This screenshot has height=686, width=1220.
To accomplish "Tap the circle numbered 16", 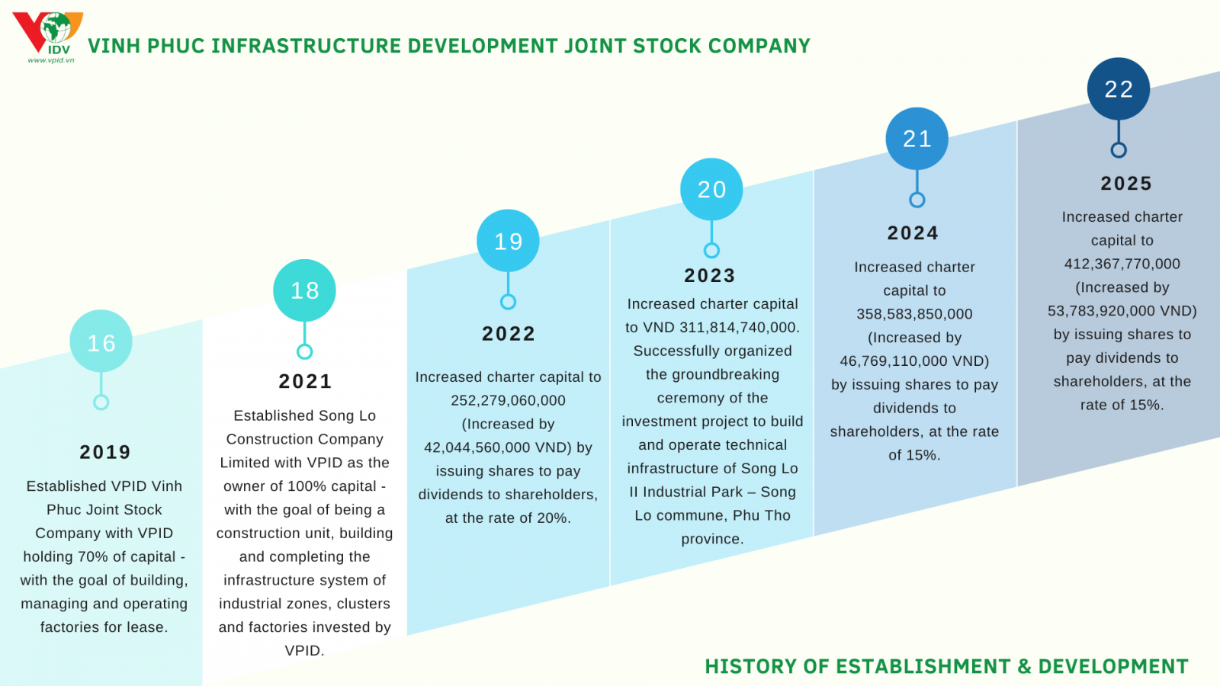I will pyautogui.click(x=101, y=341).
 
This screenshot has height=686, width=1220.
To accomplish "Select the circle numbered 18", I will pyautogui.click(x=304, y=290).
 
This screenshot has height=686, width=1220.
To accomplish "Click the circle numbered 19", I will pyautogui.click(x=508, y=241).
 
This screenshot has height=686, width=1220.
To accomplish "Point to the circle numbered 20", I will pyautogui.click(x=711, y=190).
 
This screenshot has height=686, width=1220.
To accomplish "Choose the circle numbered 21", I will pyautogui.click(x=917, y=139).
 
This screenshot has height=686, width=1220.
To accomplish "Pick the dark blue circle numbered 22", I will pyautogui.click(x=1119, y=89).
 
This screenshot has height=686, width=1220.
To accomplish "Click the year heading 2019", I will pyautogui.click(x=105, y=452).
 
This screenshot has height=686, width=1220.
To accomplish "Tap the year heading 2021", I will pyautogui.click(x=305, y=381).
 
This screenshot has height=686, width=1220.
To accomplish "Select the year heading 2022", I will pyautogui.click(x=509, y=334).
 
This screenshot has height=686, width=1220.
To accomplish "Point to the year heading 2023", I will pyautogui.click(x=710, y=275).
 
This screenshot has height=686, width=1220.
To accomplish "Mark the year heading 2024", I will pyautogui.click(x=913, y=233).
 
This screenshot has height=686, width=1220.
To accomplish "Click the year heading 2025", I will pyautogui.click(x=1126, y=184).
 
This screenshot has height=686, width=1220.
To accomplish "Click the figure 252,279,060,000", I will pyautogui.click(x=508, y=401).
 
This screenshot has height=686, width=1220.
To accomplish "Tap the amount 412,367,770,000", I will pyautogui.click(x=1122, y=264).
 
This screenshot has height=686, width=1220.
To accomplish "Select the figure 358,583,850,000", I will pyautogui.click(x=914, y=314).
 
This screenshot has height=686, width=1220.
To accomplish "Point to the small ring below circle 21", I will pyautogui.click(x=917, y=200).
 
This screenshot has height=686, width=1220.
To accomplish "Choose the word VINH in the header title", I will pyautogui.click(x=114, y=46).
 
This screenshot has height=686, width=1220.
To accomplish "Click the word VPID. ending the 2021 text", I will pyautogui.click(x=305, y=651).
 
